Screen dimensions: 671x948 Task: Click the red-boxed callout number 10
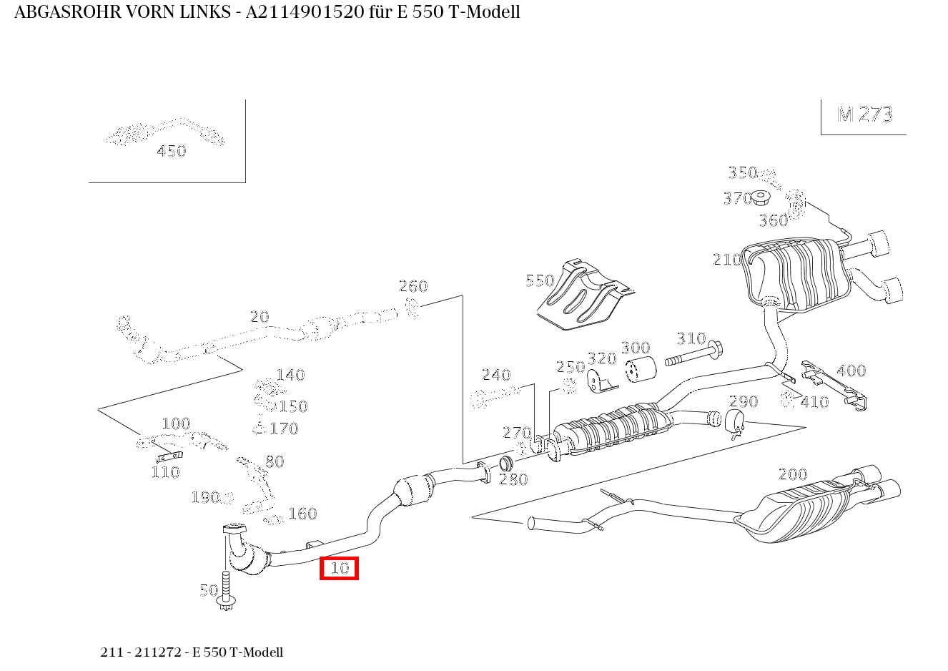pos(339,569)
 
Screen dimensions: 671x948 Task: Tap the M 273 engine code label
pos(864,114)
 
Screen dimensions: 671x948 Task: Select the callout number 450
pos(171,151)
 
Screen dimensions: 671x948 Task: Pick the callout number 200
pos(792,474)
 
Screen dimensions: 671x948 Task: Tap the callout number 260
pos(413,286)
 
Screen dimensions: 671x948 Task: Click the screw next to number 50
pos(227,591)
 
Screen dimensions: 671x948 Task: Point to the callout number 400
pos(851,371)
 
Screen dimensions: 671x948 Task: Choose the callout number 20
pos(259,316)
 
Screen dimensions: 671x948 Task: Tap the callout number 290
pos(743,401)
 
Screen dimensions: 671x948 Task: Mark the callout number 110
pos(164,472)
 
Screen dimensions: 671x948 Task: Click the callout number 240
pos(495,375)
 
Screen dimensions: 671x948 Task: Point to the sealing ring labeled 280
pos(505,464)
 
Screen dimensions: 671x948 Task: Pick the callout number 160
pos(302,514)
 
